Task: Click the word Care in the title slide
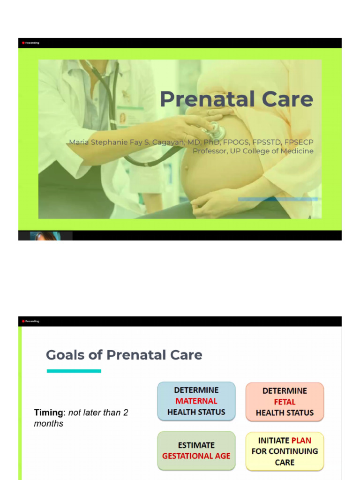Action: (x=287, y=99)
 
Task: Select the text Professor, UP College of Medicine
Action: (x=253, y=151)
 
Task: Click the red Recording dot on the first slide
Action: (x=23, y=43)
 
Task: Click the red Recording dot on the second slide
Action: (x=23, y=321)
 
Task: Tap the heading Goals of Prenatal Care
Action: (x=124, y=355)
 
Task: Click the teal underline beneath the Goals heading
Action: (x=74, y=371)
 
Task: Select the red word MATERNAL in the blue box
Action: (x=196, y=401)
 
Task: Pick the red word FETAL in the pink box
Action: (x=285, y=402)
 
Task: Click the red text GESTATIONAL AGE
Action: (x=196, y=456)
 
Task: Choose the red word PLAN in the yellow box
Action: (x=301, y=440)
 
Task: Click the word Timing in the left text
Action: (x=48, y=413)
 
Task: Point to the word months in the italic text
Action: (x=48, y=424)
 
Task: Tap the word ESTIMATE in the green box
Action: (x=196, y=445)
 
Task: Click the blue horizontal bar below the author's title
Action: (x=277, y=199)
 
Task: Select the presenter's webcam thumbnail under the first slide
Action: (x=45, y=236)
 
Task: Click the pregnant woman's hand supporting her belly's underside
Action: (x=216, y=204)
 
